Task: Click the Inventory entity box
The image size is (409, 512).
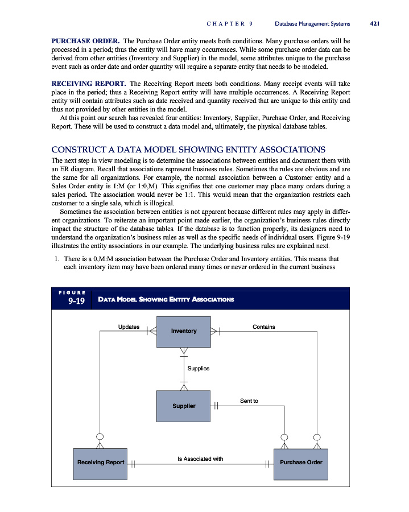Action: tap(184, 331)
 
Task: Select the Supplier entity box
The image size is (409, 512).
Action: tap(184, 406)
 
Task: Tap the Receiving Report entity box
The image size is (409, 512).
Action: tap(101, 463)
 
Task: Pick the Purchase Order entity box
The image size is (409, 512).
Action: tap(301, 463)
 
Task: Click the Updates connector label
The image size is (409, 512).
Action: tap(128, 327)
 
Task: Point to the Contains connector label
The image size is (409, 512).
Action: tap(263, 327)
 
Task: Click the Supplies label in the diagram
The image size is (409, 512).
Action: tap(199, 368)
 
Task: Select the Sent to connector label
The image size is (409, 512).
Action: tap(249, 401)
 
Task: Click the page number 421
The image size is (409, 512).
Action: tap(374, 24)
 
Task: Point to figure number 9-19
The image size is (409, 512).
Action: tap(77, 301)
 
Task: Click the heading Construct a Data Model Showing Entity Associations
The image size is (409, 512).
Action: tap(188, 150)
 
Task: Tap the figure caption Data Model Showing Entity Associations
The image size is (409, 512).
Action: tap(166, 299)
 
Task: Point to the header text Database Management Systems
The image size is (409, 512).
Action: tap(312, 24)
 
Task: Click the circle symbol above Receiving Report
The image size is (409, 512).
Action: tap(101, 437)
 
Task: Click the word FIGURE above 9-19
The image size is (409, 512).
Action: tap(72, 292)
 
